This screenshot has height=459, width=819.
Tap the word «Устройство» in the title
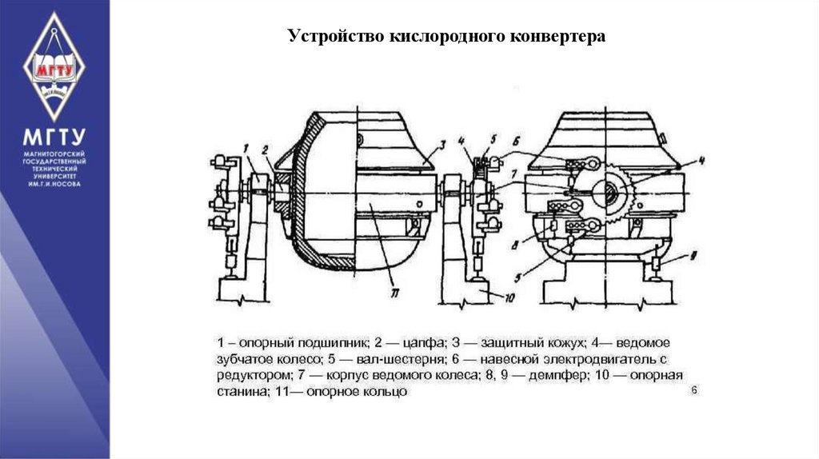pyautogui.click(x=330, y=38)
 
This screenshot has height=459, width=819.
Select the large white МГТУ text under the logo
pyautogui.click(x=54, y=136)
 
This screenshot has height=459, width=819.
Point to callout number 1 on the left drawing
pyautogui.click(x=249, y=147)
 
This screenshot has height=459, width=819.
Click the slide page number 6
pyautogui.click(x=694, y=389)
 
